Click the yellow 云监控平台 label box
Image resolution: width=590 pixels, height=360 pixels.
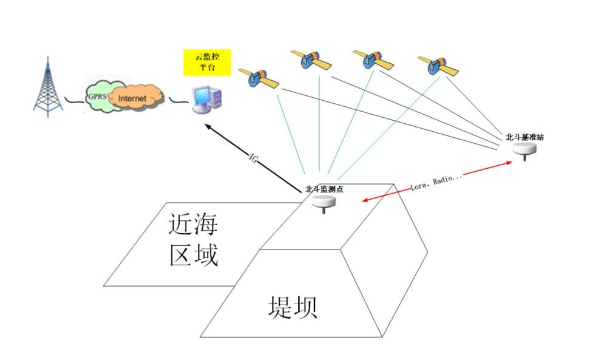[x=206, y=63]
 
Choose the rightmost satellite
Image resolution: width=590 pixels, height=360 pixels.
[x=436, y=66]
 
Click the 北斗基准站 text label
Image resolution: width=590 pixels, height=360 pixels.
[x=524, y=137]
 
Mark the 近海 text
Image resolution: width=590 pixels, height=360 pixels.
[x=193, y=225]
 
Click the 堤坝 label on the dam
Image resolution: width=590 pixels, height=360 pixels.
[x=293, y=307]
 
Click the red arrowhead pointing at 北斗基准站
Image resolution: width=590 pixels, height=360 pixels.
[x=509, y=163]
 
